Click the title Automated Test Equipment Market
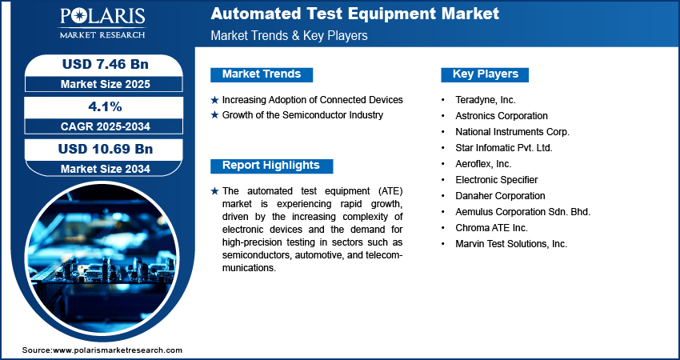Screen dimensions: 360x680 (354, 14)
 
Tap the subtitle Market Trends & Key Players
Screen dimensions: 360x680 (289, 36)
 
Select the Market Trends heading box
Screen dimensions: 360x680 (262, 74)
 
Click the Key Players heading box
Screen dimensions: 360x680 (486, 74)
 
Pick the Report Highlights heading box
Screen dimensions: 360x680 (271, 166)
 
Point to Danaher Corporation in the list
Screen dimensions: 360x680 (500, 196)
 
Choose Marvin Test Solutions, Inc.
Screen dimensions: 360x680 (511, 244)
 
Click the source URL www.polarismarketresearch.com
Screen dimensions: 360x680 (118, 350)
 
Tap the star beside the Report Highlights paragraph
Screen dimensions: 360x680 (214, 191)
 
